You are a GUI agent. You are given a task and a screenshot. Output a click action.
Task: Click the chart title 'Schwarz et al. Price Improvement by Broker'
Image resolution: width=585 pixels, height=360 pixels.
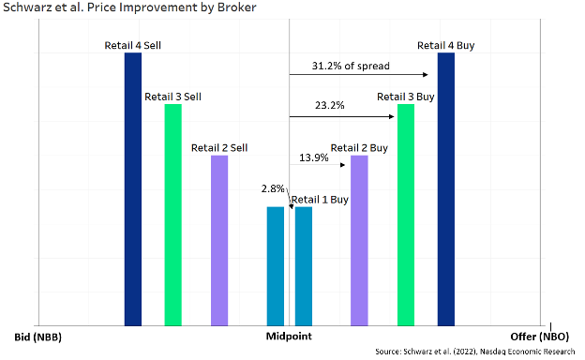[116, 8]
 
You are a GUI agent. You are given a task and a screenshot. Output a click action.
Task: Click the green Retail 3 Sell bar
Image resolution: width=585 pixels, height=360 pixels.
[172, 215]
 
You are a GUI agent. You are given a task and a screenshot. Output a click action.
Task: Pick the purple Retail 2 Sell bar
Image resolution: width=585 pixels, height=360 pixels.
[219, 240]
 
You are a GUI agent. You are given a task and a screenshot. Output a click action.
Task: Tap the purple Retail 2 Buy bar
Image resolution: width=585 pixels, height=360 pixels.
[359, 240]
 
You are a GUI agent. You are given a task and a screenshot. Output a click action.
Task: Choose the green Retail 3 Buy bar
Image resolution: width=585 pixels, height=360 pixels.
[406, 215]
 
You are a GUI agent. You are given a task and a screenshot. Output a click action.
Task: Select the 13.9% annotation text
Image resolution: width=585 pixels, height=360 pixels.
[314, 157]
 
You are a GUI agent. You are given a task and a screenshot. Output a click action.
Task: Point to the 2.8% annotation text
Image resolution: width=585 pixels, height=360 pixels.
[273, 189]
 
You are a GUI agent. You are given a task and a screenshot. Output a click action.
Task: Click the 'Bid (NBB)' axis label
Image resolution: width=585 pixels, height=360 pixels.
[38, 336]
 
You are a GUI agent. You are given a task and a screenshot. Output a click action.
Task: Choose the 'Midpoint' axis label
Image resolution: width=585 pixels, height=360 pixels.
[290, 336]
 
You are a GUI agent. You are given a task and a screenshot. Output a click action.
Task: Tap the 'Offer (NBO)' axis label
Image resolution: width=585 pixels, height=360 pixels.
[540, 336]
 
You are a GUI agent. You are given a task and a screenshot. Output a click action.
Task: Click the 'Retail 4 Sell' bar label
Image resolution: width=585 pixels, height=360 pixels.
[133, 45]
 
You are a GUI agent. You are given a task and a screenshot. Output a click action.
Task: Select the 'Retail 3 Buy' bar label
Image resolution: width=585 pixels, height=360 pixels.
[405, 96]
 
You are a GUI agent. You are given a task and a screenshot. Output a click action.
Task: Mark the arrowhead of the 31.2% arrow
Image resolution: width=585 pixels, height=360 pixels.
[426, 75]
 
